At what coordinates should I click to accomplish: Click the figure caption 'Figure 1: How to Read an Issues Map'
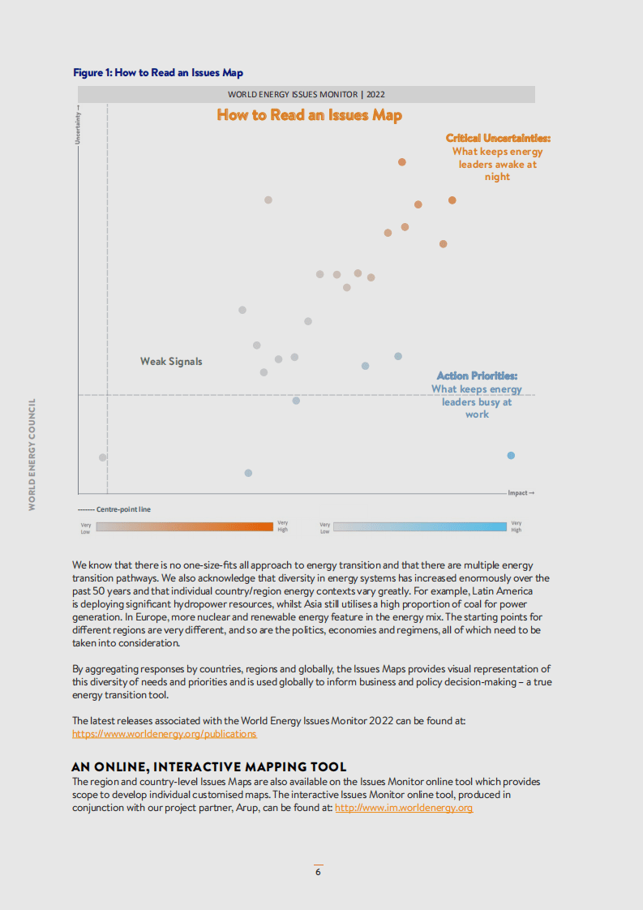158,73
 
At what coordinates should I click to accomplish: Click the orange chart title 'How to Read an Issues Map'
309,115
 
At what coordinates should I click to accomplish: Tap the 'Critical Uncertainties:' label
498,139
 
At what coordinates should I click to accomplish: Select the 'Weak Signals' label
171,362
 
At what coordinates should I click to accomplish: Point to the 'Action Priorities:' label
477,376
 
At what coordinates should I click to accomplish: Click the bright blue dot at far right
511,456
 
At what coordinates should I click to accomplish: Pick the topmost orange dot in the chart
401,162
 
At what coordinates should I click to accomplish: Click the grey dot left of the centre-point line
102,457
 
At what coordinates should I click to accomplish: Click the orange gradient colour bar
184,526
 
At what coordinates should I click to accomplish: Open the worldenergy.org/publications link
164,734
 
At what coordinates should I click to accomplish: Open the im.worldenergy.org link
403,808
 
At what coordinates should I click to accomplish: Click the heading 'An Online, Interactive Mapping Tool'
208,766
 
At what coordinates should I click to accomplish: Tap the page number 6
318,872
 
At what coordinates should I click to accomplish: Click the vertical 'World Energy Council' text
32,453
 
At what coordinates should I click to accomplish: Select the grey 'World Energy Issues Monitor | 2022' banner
306,95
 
